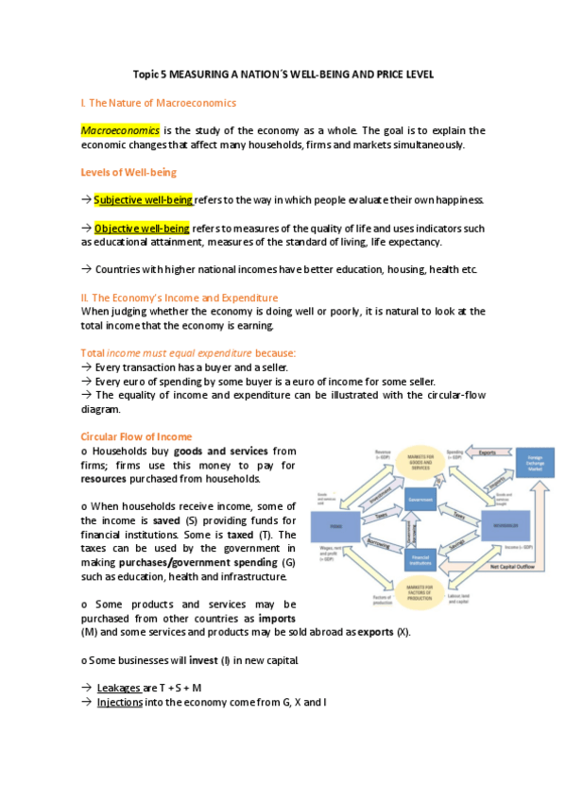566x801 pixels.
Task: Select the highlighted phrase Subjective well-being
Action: pyautogui.click(x=143, y=199)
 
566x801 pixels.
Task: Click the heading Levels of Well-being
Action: pyautogui.click(x=129, y=172)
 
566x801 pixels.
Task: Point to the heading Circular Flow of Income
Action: pyautogui.click(x=136, y=436)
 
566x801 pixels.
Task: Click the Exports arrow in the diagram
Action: pyautogui.click(x=487, y=452)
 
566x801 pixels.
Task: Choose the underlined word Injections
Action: pyautogui.click(x=120, y=702)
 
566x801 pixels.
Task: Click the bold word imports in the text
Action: pyautogui.click(x=277, y=617)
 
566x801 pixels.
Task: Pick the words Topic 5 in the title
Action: pyautogui.click(x=148, y=75)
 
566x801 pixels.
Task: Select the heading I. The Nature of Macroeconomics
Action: pyautogui.click(x=159, y=102)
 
